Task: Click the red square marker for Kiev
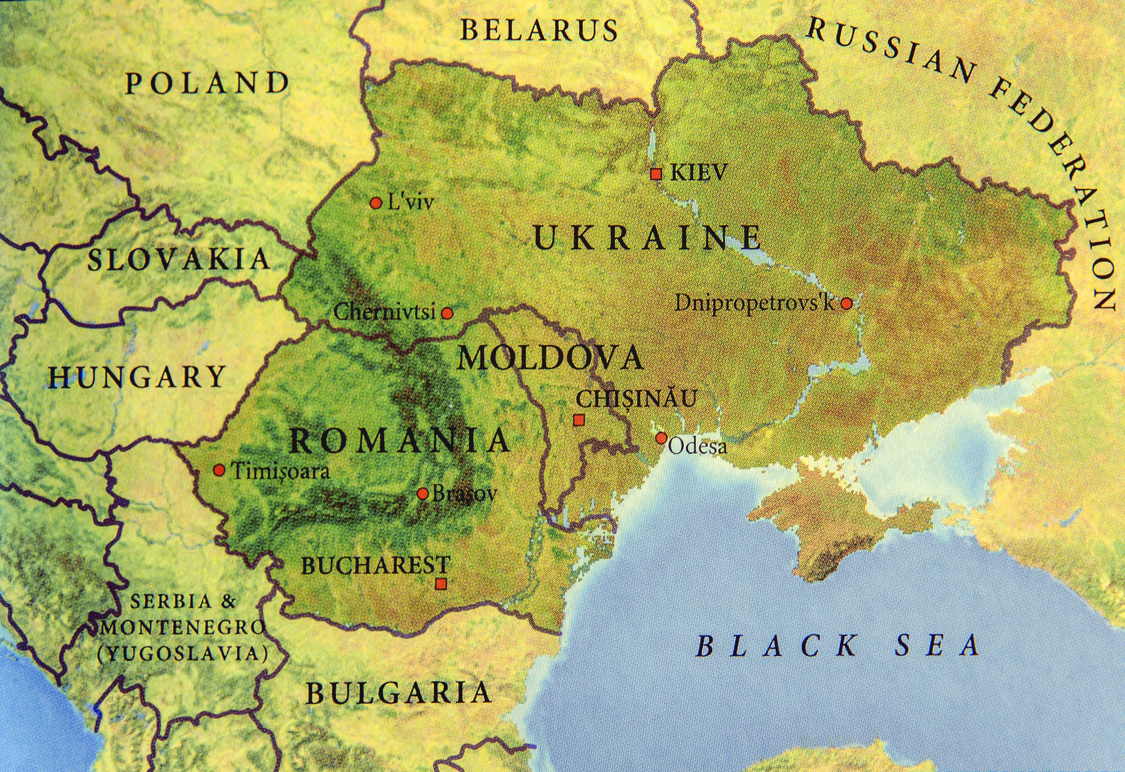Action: [x=656, y=174]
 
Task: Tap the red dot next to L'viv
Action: [x=376, y=203]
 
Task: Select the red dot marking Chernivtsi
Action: [x=447, y=313]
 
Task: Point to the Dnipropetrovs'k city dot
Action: [x=846, y=303]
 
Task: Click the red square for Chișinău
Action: [x=579, y=420]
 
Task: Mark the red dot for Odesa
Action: [x=662, y=438]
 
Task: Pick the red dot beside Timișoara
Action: [x=219, y=470]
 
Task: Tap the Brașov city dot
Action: [x=423, y=493]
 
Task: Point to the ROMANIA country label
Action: [x=399, y=441]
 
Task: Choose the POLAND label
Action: [x=207, y=83]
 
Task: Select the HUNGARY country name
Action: [x=137, y=377]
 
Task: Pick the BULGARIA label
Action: [x=398, y=693]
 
